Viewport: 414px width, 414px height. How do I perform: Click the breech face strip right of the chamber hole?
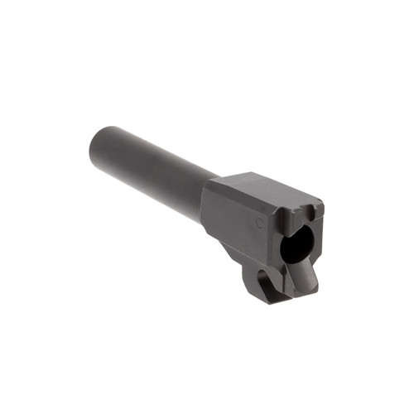coord(315,240)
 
